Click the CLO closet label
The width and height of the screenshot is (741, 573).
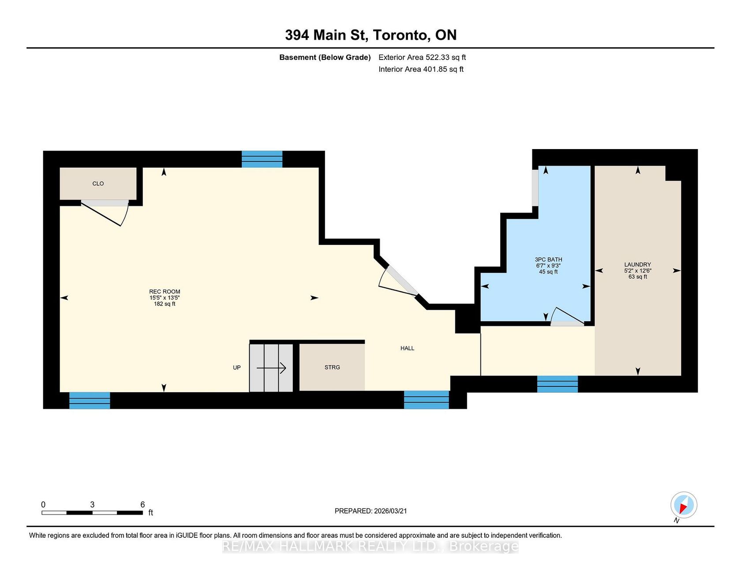(x=98, y=184)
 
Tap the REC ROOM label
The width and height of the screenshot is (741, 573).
(x=165, y=292)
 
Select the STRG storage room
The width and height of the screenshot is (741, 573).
(x=332, y=367)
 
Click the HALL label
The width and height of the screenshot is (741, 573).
(x=407, y=348)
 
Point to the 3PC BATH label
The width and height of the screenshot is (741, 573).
(x=548, y=259)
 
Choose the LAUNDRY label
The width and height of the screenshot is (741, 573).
(x=637, y=264)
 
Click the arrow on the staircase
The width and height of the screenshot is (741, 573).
(x=271, y=368)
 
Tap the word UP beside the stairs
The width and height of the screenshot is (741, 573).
(x=237, y=367)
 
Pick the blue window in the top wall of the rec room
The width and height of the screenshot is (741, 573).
(x=262, y=159)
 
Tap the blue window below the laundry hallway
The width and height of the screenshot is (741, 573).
(x=558, y=384)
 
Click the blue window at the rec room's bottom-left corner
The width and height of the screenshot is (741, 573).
(x=90, y=401)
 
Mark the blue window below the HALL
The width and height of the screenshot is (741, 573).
(x=427, y=400)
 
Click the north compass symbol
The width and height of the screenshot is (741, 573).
(x=684, y=505)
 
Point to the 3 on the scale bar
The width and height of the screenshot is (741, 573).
(x=92, y=505)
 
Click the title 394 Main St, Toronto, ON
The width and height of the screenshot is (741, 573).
(x=370, y=35)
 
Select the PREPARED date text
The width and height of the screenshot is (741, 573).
(x=370, y=511)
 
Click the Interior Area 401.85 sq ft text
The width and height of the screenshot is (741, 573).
(x=421, y=69)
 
